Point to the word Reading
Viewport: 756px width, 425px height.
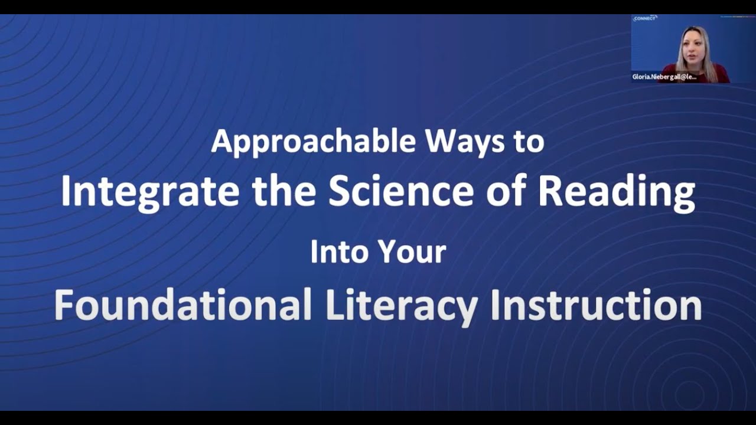(x=617, y=192)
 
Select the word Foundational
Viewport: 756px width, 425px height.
(x=183, y=305)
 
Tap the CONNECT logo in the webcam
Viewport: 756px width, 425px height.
(x=645, y=18)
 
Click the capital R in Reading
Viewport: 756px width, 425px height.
(x=549, y=192)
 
